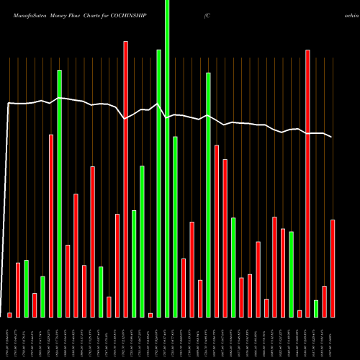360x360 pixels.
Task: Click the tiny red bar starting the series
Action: click(9, 315)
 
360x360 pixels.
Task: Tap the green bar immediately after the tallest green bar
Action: click(175, 226)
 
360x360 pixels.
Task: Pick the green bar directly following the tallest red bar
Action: click(134, 263)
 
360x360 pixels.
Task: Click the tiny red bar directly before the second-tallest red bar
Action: click(300, 313)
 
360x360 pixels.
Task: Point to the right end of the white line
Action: click(332, 137)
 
